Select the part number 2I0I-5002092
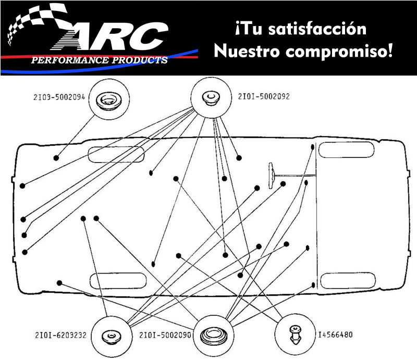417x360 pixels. point(264,96)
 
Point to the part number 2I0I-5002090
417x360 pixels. point(165,334)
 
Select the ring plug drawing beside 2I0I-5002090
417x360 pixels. point(213,334)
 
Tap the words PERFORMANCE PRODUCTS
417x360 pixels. point(99,60)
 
